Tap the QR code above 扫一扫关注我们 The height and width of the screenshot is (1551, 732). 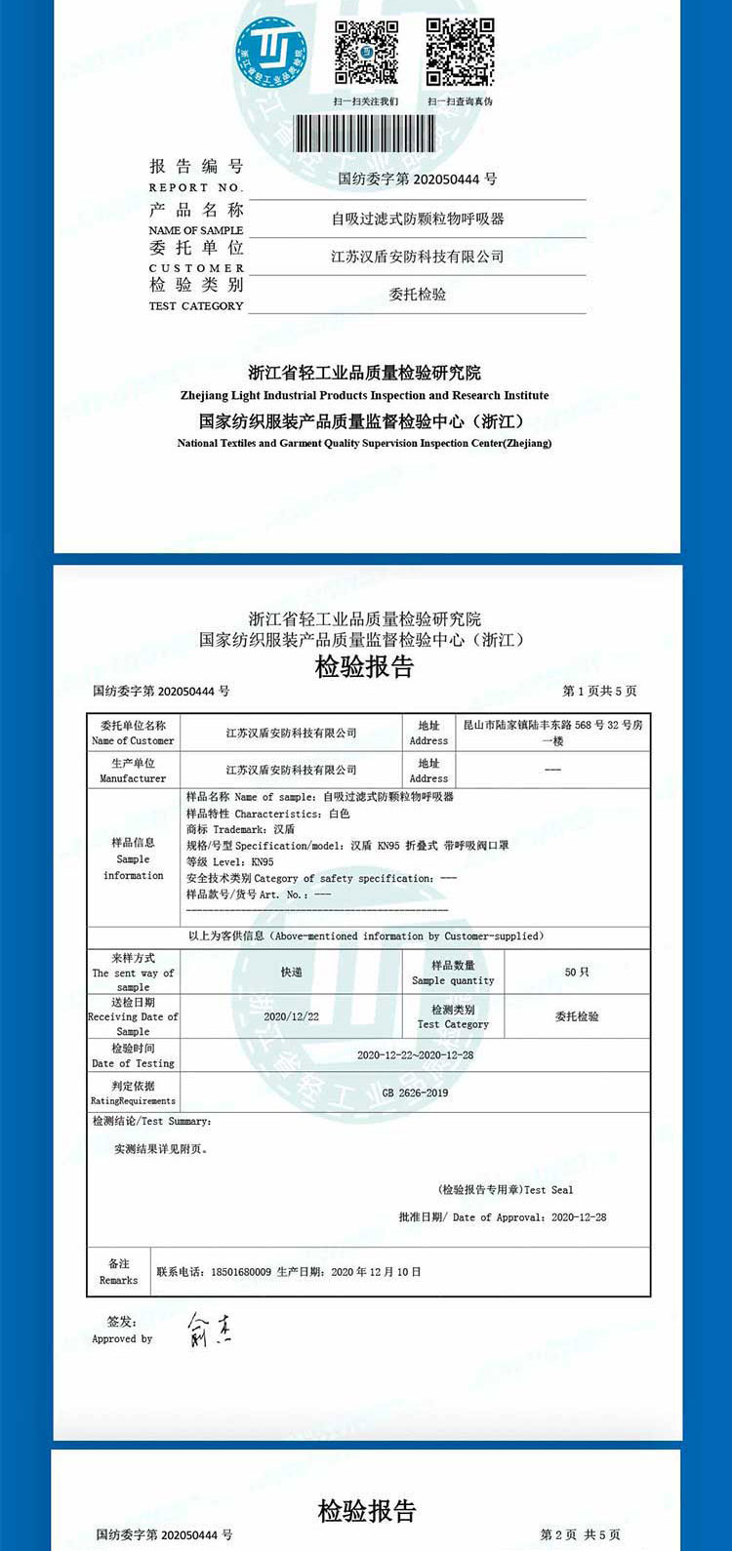(x=366, y=53)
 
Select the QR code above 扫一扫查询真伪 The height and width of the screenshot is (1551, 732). (x=460, y=53)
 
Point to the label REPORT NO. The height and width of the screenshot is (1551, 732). (x=194, y=187)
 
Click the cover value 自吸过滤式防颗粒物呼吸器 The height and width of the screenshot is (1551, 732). (x=418, y=219)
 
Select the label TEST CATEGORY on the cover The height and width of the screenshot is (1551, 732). (x=195, y=306)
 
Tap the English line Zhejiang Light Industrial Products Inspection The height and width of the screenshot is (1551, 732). (x=365, y=396)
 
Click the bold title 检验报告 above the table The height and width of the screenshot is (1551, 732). (x=364, y=667)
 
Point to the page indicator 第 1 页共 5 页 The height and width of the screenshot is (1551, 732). (x=599, y=692)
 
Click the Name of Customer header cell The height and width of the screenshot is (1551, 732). (x=133, y=734)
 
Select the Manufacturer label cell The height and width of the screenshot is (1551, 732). (x=133, y=771)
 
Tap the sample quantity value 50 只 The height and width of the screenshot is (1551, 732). (x=577, y=973)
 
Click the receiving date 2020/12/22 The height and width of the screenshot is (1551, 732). (x=291, y=1016)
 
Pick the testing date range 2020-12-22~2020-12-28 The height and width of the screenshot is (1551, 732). (x=415, y=1055)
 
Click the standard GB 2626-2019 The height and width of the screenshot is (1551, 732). (x=415, y=1093)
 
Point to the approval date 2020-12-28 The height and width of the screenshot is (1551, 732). (x=579, y=1217)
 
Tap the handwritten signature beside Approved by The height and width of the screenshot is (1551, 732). (x=209, y=1330)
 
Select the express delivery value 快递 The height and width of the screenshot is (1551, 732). (x=291, y=973)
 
